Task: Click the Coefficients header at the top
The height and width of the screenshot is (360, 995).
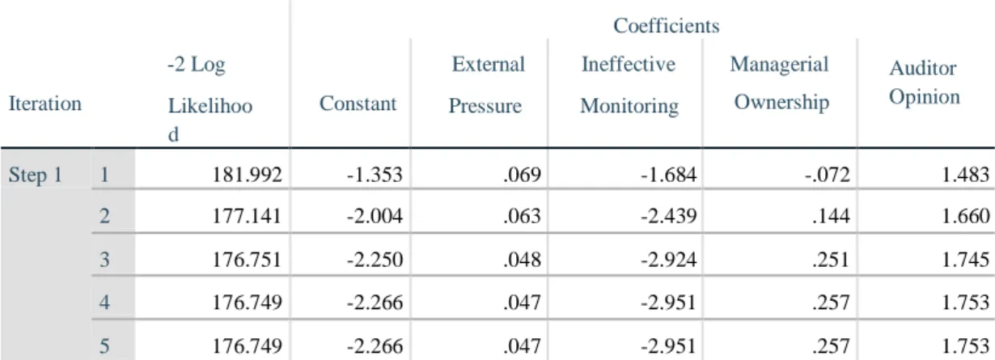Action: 667,26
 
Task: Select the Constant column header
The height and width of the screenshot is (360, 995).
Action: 358,104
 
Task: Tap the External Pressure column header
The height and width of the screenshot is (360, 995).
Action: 487,85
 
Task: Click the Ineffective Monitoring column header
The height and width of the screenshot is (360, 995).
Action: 629,85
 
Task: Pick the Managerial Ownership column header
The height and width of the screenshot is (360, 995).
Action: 781,83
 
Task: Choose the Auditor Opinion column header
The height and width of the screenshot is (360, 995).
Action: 924,83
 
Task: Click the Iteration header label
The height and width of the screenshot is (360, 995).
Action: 45,104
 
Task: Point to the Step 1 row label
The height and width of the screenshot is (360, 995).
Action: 36,175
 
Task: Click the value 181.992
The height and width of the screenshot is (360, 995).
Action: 247,175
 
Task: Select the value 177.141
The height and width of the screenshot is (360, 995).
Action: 247,216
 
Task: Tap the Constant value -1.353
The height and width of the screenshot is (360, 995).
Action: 375,175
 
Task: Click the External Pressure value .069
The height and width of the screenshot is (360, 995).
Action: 522,175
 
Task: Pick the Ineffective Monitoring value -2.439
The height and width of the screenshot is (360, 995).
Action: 668,216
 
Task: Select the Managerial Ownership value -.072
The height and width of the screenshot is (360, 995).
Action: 827,175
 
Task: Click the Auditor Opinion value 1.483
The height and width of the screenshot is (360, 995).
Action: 965,175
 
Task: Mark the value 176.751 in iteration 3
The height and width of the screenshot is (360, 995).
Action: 247,260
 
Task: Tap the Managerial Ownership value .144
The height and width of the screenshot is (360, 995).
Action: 831,216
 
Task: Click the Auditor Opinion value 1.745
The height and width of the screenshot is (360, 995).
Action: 965,260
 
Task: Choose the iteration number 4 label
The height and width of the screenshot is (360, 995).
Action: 104,303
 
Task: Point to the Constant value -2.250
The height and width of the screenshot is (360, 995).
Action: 375,260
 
